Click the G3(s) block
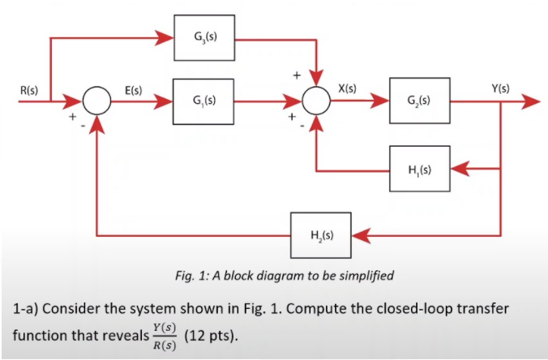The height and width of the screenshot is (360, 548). point(205,37)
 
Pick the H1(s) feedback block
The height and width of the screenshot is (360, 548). point(419,169)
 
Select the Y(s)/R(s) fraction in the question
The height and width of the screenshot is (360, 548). point(165,336)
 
